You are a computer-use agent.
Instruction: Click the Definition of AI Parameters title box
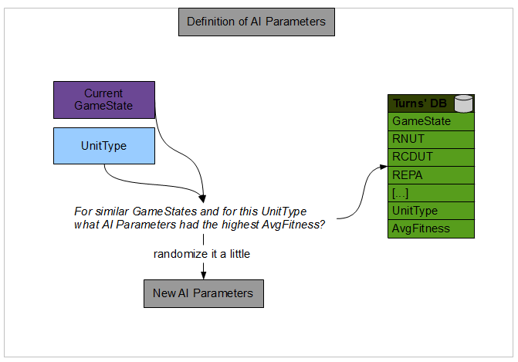256,22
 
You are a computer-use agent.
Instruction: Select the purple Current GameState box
103,100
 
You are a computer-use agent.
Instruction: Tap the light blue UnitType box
103,146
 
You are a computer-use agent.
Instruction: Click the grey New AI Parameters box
203,293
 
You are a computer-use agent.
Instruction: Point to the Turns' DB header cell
422,103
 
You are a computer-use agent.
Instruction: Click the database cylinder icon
463,103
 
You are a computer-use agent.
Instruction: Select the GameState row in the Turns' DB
430,121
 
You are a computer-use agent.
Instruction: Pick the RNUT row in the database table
430,139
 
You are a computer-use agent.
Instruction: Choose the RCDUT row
430,157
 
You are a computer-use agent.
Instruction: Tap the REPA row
430,175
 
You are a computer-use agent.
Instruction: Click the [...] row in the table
430,193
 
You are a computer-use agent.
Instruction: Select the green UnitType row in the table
430,211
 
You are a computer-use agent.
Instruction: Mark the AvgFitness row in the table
430,228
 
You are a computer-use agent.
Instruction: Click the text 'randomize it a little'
201,254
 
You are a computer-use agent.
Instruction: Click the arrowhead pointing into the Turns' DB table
382,166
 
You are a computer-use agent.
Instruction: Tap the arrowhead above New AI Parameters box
203,272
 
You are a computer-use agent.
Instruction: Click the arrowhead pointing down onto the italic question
203,197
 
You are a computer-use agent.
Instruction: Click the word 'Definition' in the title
211,22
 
